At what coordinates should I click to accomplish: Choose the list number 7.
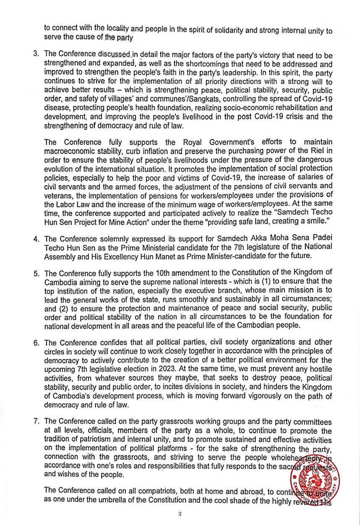[x=36, y=421]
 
